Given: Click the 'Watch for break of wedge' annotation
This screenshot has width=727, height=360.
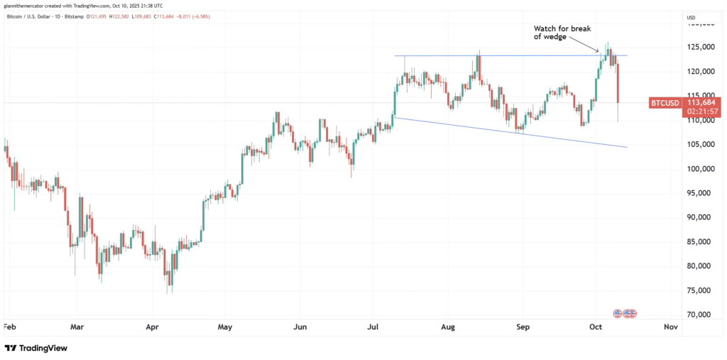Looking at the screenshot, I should (557, 32).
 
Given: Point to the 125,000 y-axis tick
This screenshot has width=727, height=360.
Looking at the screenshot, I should (696, 47).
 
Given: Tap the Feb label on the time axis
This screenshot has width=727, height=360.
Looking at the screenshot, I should (10, 327).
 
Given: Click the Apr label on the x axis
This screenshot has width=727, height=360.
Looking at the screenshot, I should (151, 327).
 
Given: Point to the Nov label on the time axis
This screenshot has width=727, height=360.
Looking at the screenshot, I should (669, 327).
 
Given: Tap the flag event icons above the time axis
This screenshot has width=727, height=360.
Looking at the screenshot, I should (625, 312).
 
